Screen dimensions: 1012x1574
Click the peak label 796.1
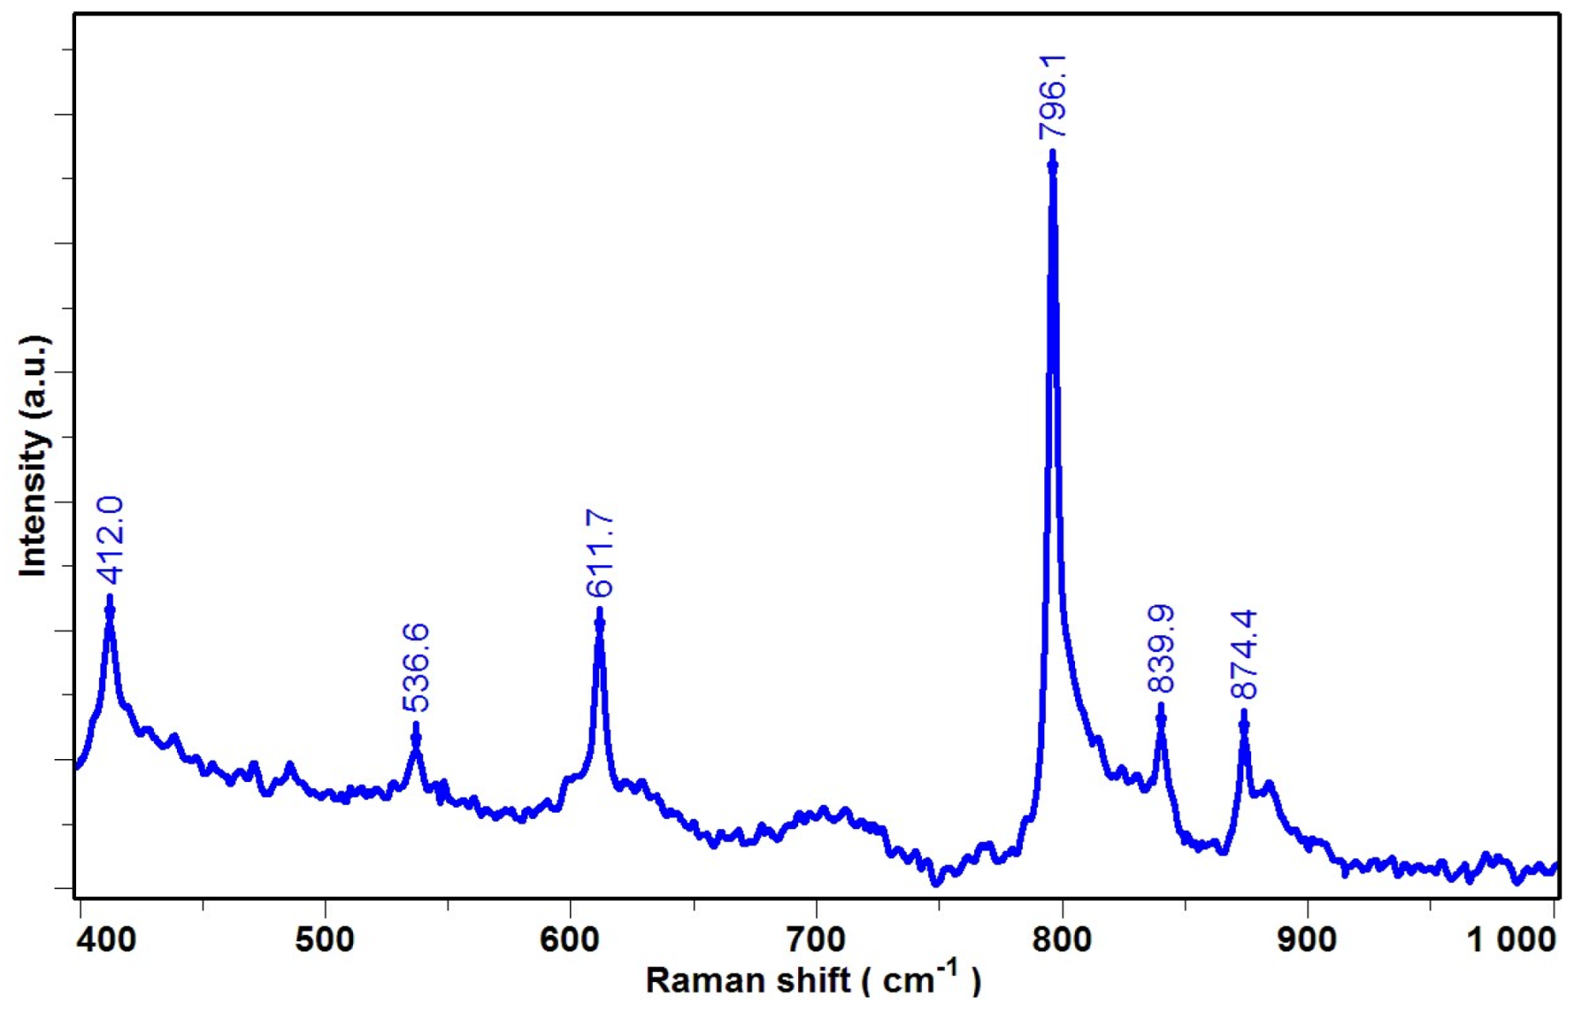(1052, 96)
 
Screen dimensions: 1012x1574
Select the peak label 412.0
(110, 540)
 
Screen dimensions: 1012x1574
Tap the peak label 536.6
(416, 668)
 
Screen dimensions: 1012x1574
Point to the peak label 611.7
(600, 553)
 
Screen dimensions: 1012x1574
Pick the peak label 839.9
(1160, 649)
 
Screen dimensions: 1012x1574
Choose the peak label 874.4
(1244, 655)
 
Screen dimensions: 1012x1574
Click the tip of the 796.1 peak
(1052, 154)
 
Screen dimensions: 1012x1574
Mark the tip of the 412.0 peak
(109, 598)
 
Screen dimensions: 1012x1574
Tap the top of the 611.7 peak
(600, 611)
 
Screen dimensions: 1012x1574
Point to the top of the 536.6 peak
(416, 726)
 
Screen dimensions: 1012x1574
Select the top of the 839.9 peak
(1160, 707)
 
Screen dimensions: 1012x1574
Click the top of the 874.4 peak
(1244, 713)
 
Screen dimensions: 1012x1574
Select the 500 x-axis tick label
(325, 940)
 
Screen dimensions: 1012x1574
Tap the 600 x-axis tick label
(570, 940)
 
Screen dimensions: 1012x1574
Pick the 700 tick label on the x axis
(816, 940)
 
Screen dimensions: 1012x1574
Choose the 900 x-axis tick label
(1307, 940)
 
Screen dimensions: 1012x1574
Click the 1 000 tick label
(1512, 940)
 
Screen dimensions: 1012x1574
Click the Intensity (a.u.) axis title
(34, 456)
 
